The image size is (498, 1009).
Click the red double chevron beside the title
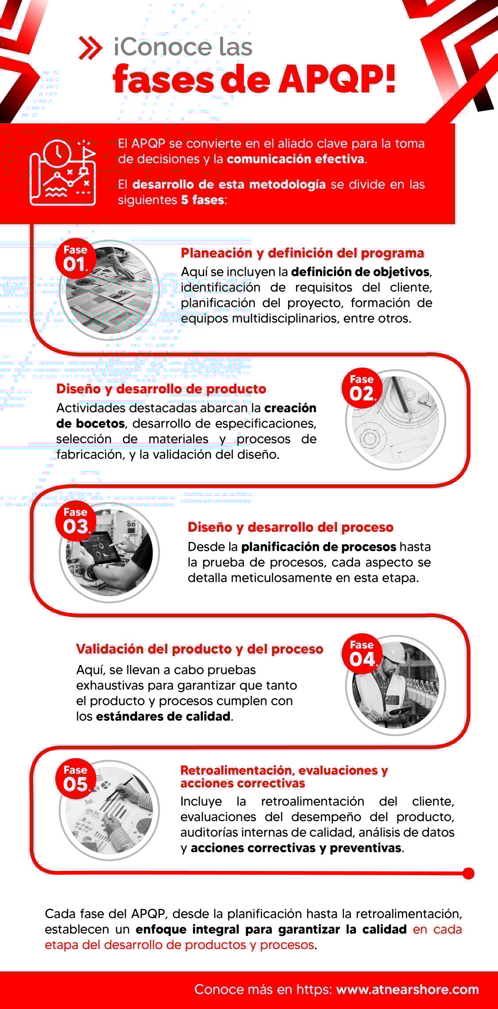tap(90, 48)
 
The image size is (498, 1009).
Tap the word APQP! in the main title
tap(337, 80)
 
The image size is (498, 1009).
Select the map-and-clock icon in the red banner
tap(62, 173)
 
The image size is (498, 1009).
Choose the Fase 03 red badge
tap(76, 521)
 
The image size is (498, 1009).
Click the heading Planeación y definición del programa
tap(302, 253)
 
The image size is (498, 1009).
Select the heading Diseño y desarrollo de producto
tap(161, 389)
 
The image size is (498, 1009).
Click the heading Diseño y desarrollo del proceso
tap(290, 527)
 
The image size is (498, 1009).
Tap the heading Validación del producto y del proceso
tap(200, 649)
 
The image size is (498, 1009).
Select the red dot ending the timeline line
tap(468, 874)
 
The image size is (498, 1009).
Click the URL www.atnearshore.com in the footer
tap(407, 989)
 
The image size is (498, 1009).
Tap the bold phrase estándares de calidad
tap(163, 716)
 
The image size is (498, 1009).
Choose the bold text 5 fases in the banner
tap(202, 200)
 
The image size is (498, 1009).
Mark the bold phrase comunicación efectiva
tap(296, 159)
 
